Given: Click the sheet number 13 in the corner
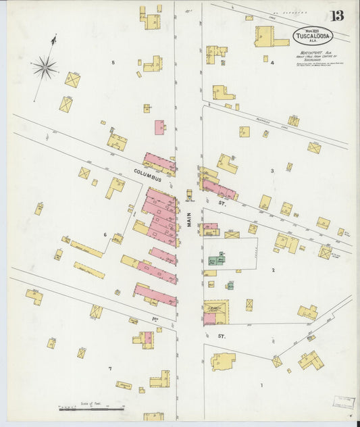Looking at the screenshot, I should tap(337, 16).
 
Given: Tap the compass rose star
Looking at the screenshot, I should tap(45, 66).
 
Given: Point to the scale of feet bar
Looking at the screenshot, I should tap(91, 409).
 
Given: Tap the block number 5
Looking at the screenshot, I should tap(113, 63).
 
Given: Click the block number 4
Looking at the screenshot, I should tap(272, 63).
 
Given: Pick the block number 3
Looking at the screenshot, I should tap(272, 171).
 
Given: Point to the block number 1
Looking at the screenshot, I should tap(261, 385).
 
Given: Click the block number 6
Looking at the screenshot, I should tap(105, 234).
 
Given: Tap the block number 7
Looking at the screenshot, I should tap(109, 368).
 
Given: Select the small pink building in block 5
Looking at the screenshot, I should tap(159, 127).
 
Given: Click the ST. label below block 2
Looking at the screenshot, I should tap(220, 335).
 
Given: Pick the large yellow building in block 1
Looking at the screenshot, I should tap(223, 361).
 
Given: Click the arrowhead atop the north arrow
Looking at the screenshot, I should tap(53, 41).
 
